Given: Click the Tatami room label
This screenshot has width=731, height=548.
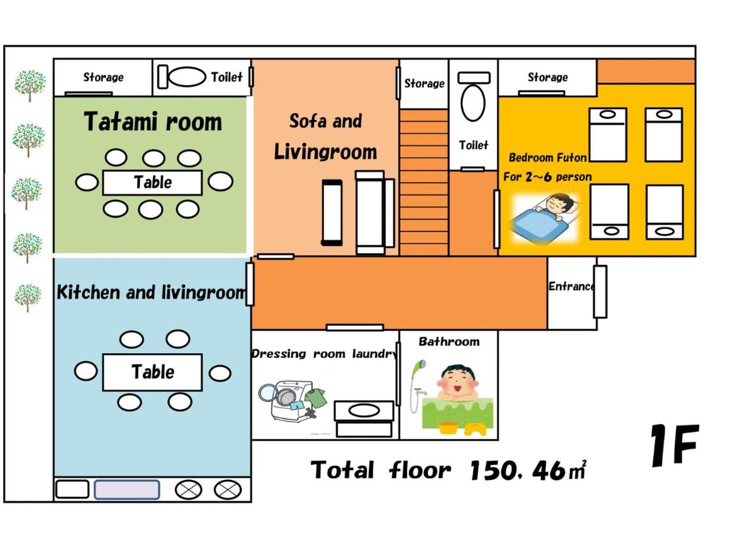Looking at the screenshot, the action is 152,122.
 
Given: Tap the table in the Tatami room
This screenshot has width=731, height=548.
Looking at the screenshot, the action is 152,182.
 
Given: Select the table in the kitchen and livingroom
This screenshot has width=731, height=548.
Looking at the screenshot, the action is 152,372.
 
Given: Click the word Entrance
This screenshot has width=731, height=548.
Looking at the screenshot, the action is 571,286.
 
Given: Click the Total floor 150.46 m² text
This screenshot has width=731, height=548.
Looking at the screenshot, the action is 448,470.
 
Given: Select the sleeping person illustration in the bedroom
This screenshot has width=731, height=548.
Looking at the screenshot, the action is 545,217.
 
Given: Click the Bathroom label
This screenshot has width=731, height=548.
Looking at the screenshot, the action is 449,342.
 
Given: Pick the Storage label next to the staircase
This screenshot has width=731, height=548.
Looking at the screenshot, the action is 424,83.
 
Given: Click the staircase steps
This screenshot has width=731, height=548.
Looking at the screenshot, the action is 423,182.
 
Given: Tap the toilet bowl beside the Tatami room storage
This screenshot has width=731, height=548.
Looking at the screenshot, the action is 187,77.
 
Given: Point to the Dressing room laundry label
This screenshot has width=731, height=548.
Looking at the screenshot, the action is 324,354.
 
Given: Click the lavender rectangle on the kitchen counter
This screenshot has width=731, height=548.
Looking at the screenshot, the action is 127,490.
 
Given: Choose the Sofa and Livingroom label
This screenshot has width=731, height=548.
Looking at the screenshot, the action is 325,136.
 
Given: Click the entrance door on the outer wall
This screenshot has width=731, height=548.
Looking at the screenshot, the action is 600,292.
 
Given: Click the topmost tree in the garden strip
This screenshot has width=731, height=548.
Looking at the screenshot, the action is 30,85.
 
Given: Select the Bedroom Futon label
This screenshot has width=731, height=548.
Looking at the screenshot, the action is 548,158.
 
